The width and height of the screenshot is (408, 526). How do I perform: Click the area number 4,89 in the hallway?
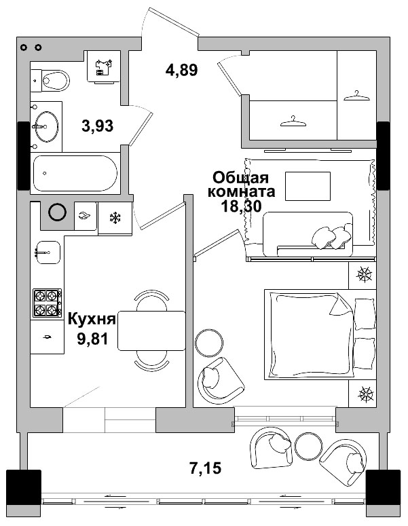(x=181, y=69)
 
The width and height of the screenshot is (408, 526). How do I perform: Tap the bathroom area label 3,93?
(x=97, y=126)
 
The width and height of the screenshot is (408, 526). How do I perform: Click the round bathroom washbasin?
(x=47, y=126)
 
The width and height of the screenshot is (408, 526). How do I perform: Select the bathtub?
(x=75, y=172)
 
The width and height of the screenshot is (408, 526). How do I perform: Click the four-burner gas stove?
(x=48, y=303)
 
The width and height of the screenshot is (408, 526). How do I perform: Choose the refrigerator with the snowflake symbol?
(x=115, y=218)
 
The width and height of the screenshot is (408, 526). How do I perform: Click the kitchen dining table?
(x=151, y=331)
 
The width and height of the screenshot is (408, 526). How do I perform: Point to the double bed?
(x=319, y=333)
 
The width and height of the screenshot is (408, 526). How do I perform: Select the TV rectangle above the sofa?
(x=308, y=185)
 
